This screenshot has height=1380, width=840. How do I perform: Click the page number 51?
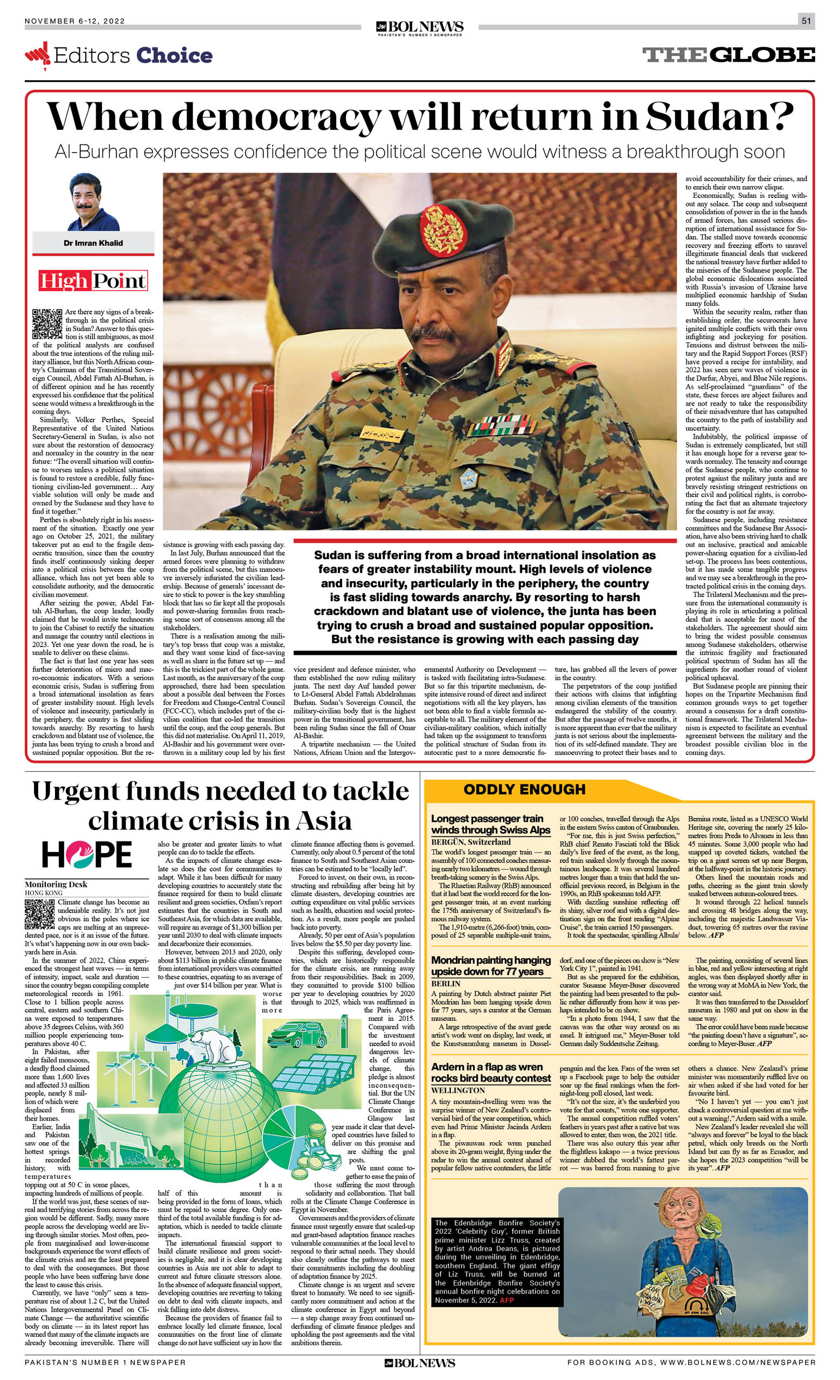coord(806,21)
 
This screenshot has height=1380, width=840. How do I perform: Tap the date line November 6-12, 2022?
coord(74,21)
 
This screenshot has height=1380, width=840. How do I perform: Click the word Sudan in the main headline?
coord(719,116)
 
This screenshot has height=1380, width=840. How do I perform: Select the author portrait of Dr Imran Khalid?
coord(93,202)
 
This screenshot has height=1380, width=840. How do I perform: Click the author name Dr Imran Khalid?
coord(93,243)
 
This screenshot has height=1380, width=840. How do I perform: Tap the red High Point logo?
coord(93,280)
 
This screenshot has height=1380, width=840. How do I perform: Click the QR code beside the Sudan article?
coord(47,324)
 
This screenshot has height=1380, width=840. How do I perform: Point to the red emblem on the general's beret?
coord(443,230)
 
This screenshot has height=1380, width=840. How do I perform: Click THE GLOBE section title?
coord(728,55)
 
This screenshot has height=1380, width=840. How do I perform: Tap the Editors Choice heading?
coord(133,56)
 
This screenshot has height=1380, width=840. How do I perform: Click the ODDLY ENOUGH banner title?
coord(524,789)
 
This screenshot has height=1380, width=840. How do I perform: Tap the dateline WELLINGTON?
coord(458,1090)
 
